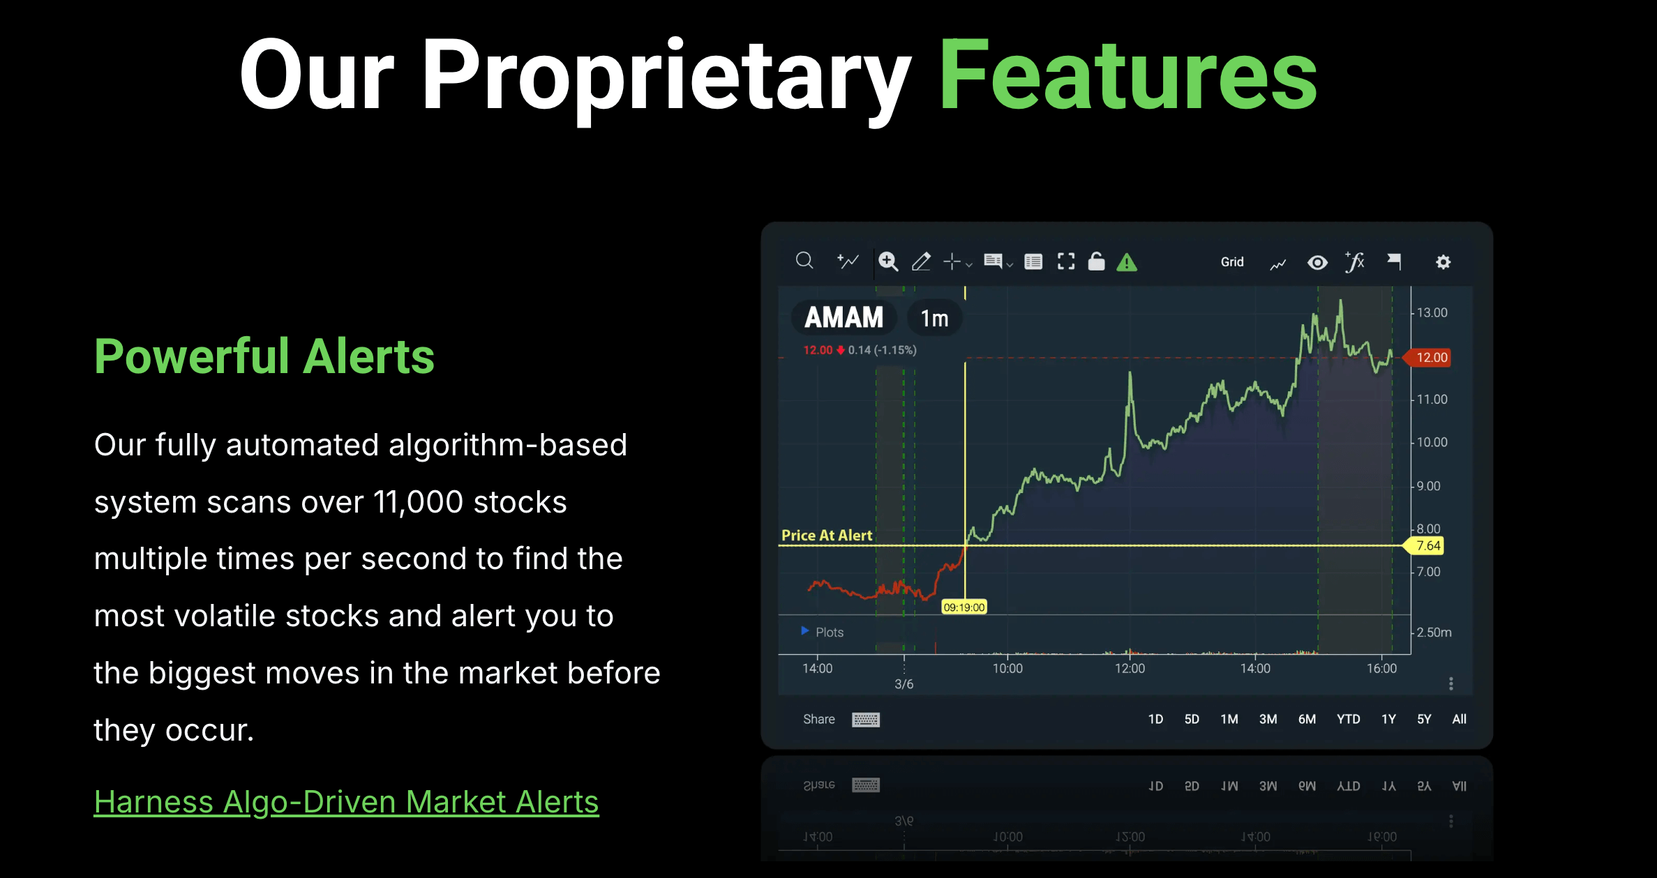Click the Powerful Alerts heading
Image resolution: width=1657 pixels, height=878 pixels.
tap(264, 356)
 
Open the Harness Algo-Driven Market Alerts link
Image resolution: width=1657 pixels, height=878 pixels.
tap(346, 801)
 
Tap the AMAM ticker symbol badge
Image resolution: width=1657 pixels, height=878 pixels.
tap(844, 318)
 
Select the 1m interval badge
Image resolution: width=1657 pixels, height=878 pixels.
tap(934, 319)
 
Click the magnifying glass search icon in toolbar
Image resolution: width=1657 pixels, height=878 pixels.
tap(804, 262)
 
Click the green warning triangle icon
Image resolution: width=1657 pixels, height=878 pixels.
tap(1127, 263)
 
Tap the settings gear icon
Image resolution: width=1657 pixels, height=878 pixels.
tap(1443, 262)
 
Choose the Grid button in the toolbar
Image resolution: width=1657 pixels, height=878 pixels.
tap(1231, 262)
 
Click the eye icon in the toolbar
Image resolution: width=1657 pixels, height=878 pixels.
tap(1317, 263)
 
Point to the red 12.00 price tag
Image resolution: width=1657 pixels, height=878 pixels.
tap(1430, 358)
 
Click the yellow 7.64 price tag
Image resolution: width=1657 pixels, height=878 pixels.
tap(1427, 546)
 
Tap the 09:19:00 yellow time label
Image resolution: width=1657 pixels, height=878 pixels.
tap(964, 607)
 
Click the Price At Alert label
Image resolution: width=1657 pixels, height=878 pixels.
tap(826, 536)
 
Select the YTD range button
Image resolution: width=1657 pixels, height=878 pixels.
tap(1348, 719)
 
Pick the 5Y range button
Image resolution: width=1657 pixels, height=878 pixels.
tap(1423, 719)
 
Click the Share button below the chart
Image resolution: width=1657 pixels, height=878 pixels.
tap(818, 719)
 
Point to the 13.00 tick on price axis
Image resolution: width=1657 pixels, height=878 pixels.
tap(1432, 312)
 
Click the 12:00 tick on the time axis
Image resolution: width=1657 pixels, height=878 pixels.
tap(1130, 668)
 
